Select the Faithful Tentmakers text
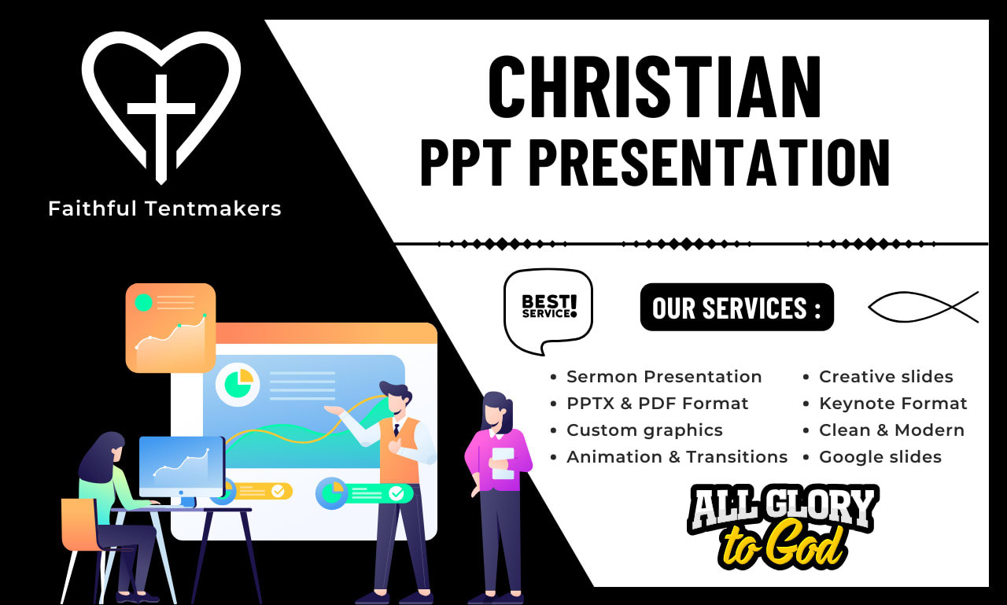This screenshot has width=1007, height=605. [x=164, y=208]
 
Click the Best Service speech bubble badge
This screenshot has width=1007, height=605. [x=548, y=309]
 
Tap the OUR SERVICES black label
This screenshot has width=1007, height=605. [x=736, y=308]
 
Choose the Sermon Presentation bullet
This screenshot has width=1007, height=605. [x=664, y=377]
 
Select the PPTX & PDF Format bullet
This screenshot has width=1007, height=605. [x=657, y=404]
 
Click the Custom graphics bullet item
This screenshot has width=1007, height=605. [x=644, y=430]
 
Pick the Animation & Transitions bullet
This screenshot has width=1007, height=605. [x=677, y=457]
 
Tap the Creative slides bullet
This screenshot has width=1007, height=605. [x=886, y=377]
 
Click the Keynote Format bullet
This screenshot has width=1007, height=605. [x=893, y=404]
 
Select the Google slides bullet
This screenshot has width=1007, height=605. [x=880, y=457]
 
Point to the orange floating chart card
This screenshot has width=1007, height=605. [x=171, y=327]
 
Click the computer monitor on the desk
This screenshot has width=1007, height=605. [x=182, y=467]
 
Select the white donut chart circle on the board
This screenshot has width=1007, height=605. [x=238, y=384]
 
